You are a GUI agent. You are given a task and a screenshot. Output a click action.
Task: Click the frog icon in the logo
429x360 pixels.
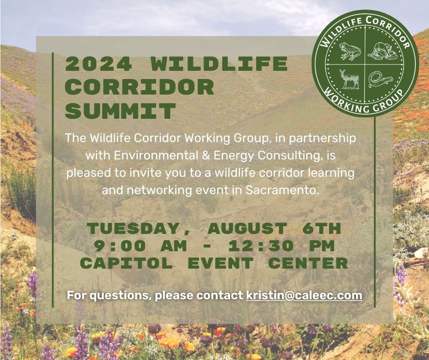[350, 52]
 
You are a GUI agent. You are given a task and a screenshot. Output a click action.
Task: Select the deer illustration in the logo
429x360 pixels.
[350, 79]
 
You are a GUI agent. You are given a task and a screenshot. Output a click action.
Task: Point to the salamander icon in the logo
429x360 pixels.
[380, 79]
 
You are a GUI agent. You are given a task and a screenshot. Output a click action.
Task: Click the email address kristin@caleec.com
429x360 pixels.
[304, 295]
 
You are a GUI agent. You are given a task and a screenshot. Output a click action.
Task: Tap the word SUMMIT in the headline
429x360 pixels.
[120, 111]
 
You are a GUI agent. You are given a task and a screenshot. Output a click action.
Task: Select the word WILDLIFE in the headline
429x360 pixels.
[219, 64]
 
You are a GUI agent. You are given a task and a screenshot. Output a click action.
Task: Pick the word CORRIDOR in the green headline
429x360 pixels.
[140, 87]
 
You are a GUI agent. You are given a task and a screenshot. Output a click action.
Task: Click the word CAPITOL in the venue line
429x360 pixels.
[126, 263]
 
